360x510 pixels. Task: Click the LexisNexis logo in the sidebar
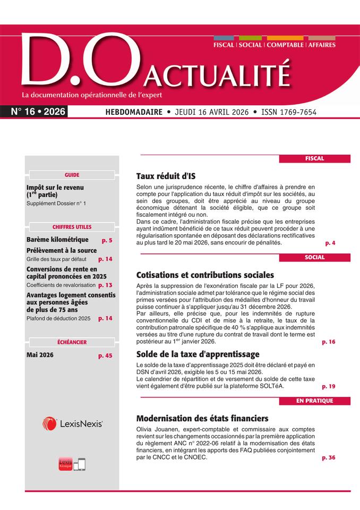72,423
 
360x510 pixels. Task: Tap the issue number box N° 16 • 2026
38,112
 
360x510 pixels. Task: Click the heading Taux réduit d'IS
166,176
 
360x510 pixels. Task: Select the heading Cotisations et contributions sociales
205,275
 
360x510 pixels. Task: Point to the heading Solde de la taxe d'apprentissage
198,354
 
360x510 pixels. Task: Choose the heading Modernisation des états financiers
202,418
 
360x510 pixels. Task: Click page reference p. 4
330,243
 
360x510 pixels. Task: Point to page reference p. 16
329,342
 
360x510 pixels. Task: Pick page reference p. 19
329,386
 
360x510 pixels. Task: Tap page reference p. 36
329,457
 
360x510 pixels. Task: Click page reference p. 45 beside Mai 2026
105,355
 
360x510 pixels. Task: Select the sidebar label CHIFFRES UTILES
72,227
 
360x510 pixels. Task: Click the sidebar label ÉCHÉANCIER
72,342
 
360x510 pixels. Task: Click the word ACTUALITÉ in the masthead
218,76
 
